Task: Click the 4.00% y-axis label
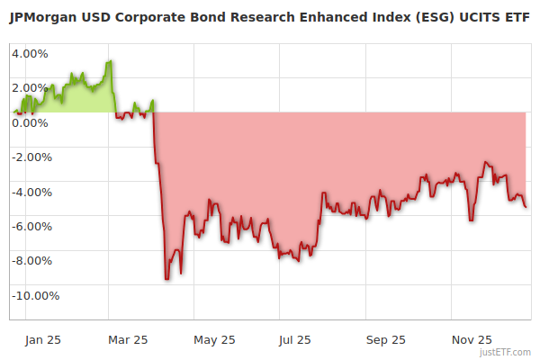pos(30,53)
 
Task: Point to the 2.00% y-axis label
pos(30,87)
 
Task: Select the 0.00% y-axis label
pos(30,122)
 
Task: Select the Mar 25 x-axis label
pos(127,340)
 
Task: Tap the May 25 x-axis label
pos(214,340)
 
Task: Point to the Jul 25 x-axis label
pos(296,340)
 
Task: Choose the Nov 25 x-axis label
pos(471,340)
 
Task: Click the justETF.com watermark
pos(507,353)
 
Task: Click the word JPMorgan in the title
pos(43,16)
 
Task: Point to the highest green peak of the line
pos(110,61)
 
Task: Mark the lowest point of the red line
pos(166,278)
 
